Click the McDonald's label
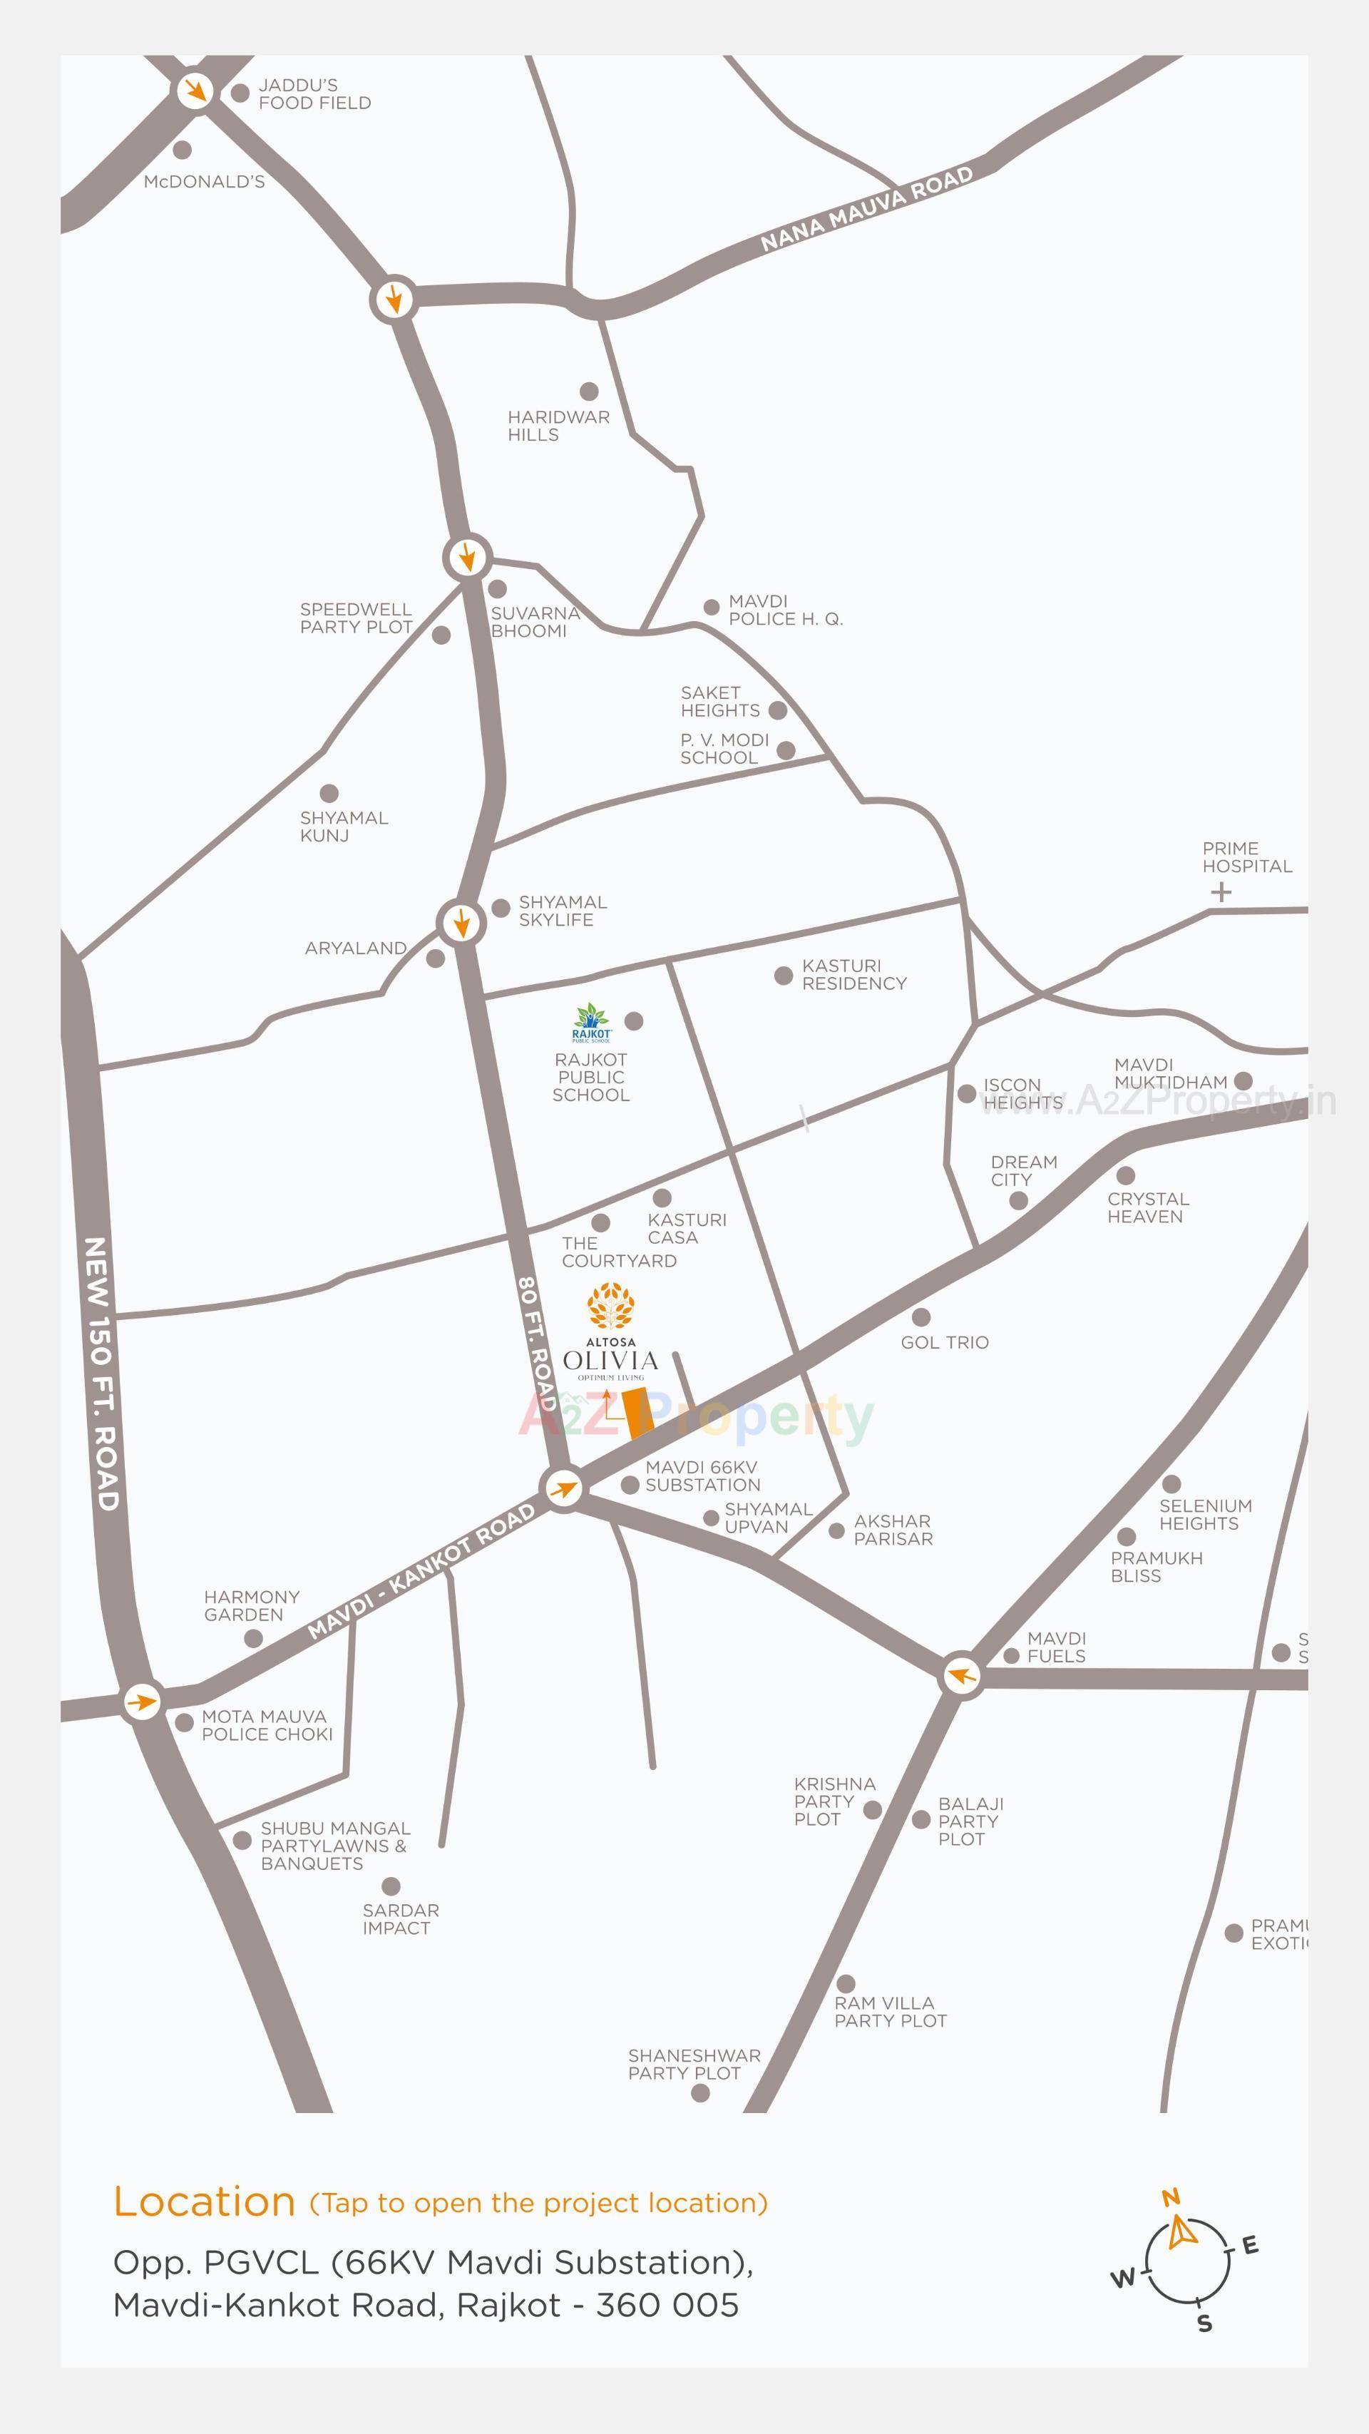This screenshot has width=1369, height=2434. [204, 181]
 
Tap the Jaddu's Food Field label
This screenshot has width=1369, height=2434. [314, 93]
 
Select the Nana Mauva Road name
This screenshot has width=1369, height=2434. [866, 209]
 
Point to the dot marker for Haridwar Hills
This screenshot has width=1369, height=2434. [589, 392]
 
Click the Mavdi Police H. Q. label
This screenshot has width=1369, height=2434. [784, 610]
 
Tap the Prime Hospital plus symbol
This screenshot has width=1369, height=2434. [1221, 892]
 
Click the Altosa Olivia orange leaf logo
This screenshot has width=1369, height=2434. [610, 1306]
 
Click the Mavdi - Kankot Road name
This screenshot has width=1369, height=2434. [421, 1571]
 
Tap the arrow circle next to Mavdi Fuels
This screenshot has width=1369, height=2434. [962, 1676]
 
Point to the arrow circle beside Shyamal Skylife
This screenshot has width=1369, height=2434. [461, 922]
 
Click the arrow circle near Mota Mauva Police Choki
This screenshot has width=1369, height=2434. [143, 1702]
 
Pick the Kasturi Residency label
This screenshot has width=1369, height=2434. [853, 974]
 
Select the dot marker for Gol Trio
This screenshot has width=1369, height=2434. [921, 1317]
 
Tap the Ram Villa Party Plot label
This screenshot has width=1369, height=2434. [890, 2012]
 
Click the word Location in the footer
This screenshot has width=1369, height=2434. [204, 2202]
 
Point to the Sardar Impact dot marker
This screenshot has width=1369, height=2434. [391, 1887]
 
